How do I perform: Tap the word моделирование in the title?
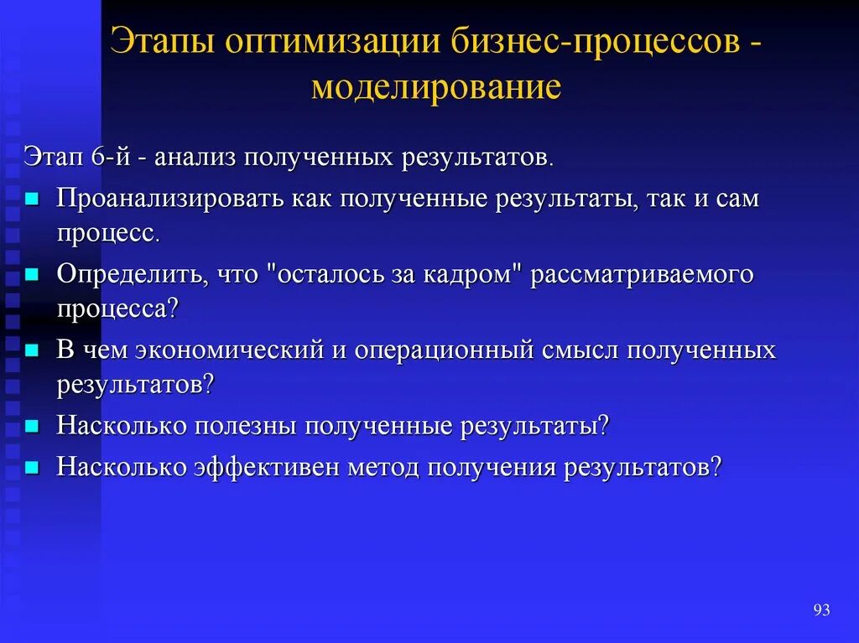click(x=435, y=86)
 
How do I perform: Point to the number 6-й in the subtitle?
click(x=107, y=157)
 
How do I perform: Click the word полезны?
click(x=245, y=425)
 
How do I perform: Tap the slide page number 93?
click(x=821, y=609)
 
